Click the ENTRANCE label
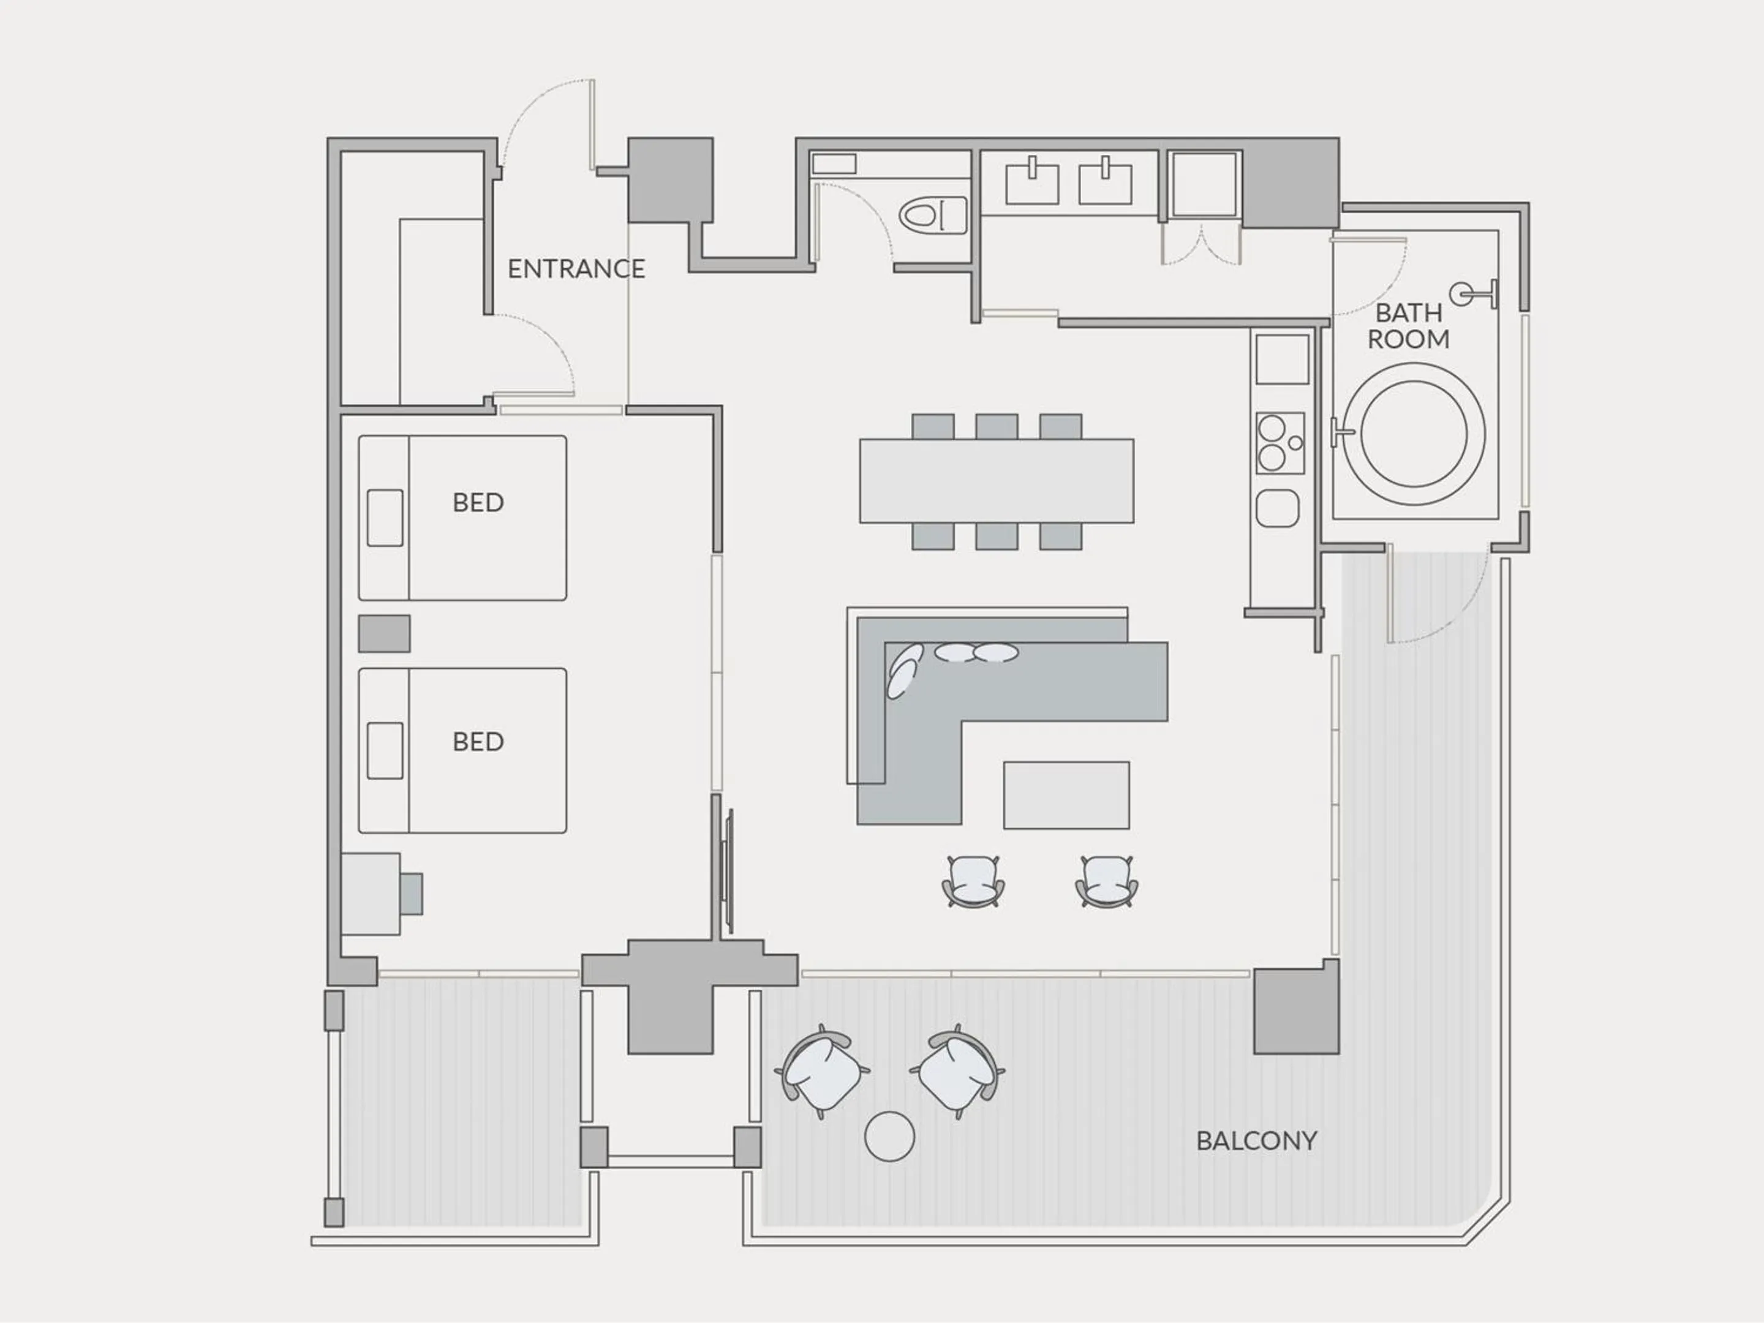576,269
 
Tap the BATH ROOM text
1408,325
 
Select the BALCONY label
1256,1140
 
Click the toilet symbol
932,216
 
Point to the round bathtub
1413,434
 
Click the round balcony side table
889,1136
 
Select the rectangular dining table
996,480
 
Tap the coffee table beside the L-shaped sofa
1066,795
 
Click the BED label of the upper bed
478,502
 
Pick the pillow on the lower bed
385,750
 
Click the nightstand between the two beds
385,633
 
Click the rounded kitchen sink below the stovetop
1278,508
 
